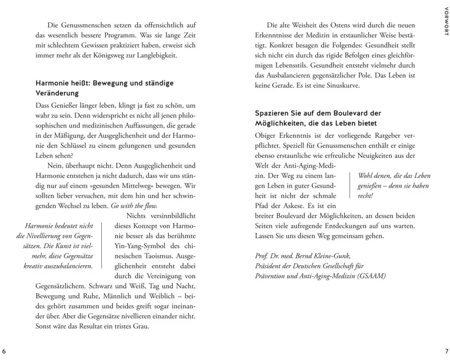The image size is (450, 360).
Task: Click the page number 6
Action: point(4,351)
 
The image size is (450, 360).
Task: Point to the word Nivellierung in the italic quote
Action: point(53,236)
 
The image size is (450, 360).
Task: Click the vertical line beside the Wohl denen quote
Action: point(350,186)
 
